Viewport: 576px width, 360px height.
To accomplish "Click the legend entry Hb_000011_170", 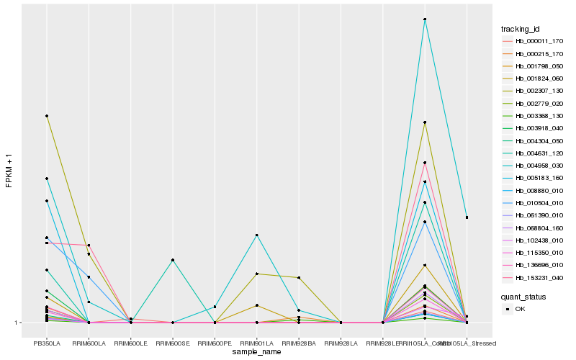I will [539, 41].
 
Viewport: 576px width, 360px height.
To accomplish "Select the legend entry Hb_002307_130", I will [539, 91].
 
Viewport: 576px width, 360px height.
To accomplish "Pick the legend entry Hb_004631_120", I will [539, 153].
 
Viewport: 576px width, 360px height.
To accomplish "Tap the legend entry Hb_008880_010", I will [539, 190].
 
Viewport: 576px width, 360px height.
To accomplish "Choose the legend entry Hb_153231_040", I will [539, 277].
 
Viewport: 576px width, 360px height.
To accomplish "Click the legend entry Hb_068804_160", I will [539, 228].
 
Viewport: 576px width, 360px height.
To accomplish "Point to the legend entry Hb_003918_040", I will [539, 128].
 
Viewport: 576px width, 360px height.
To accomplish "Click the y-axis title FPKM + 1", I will [9, 170].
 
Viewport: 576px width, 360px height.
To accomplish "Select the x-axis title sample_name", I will [256, 352].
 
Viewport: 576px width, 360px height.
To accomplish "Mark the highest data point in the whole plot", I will [425, 19].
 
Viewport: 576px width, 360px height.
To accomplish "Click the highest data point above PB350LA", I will [47, 116].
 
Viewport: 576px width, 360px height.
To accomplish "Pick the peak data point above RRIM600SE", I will [173, 260].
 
